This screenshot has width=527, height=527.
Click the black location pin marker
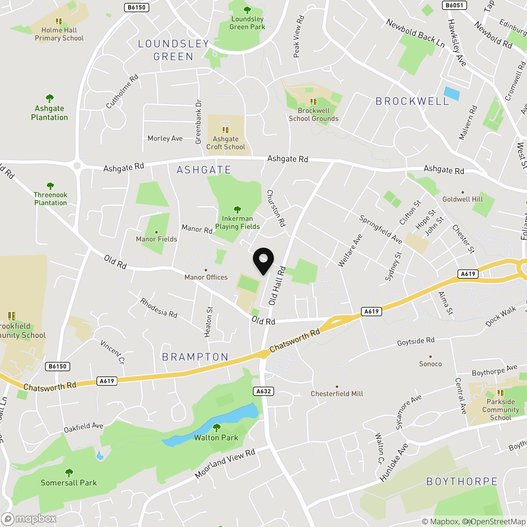[263, 260]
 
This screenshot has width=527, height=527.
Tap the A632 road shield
[263, 391]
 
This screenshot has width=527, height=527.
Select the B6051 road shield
[454, 5]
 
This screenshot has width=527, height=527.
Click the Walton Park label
[216, 437]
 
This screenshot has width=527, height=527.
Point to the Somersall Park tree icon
[69, 473]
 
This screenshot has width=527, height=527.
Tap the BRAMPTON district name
[195, 357]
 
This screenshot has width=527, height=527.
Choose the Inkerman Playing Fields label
[237, 222]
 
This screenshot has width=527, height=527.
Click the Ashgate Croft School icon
[226, 130]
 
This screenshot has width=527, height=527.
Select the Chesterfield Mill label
[337, 394]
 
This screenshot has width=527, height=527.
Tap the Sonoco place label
[430, 364]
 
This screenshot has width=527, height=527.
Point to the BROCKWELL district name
[412, 101]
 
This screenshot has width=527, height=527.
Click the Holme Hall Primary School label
[59, 34]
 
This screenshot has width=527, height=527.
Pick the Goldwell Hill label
[462, 199]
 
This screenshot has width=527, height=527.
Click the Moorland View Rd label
[225, 464]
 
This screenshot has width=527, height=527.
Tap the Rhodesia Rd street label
[159, 308]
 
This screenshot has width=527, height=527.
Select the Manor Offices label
[206, 277]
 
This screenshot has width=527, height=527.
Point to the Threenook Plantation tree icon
[50, 186]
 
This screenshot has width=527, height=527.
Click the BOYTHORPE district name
[462, 481]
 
